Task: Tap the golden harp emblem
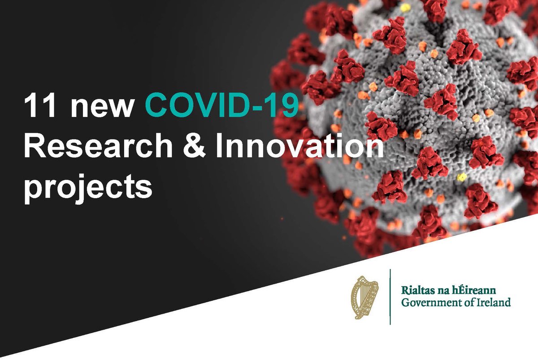[364, 296]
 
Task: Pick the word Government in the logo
[428, 302]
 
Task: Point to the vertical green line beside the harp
[390, 296]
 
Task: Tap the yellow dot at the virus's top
[405, 8]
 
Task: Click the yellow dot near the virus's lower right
[461, 178]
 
